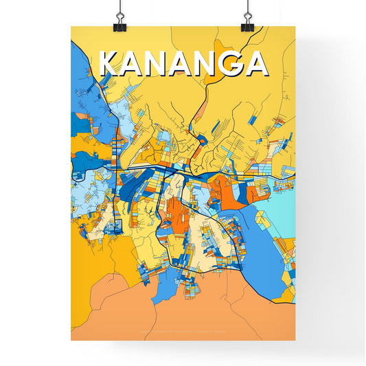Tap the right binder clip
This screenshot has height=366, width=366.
[247, 19]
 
